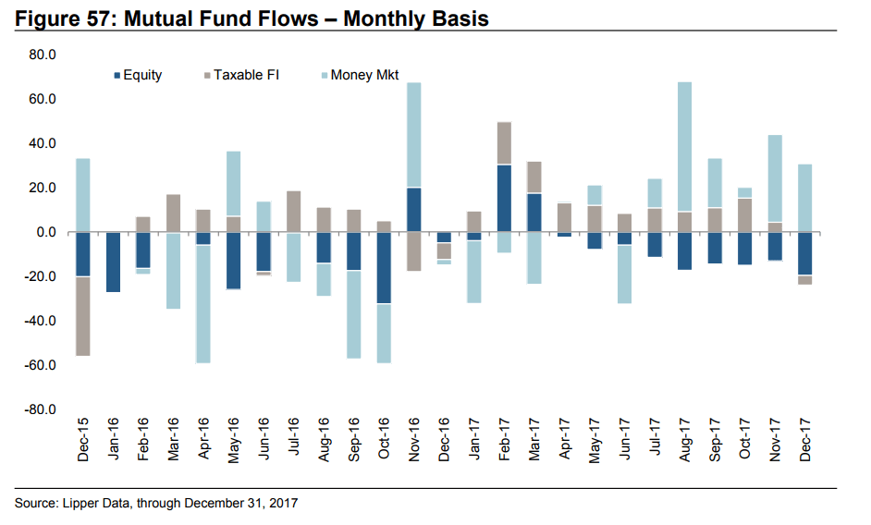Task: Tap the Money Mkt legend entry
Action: coord(362,75)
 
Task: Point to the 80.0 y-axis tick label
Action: coord(43,55)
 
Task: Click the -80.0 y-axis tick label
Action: coord(42,409)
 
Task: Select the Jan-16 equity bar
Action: coord(113,262)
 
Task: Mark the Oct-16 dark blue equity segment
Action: coord(383,268)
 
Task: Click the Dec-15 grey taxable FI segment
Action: coord(83,315)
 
